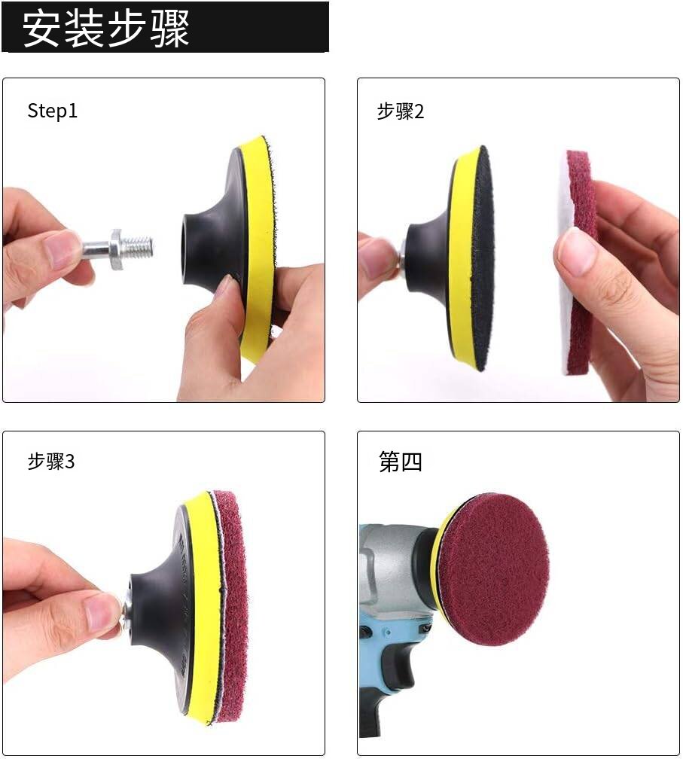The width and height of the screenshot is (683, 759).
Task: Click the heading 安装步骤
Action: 105,29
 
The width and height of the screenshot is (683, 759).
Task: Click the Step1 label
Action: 52,111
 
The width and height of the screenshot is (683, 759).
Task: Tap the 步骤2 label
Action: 401,111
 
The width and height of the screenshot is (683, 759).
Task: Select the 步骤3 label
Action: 51,462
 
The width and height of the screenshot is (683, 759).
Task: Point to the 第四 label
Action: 401,462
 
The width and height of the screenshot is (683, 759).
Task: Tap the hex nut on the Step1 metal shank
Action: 117,249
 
